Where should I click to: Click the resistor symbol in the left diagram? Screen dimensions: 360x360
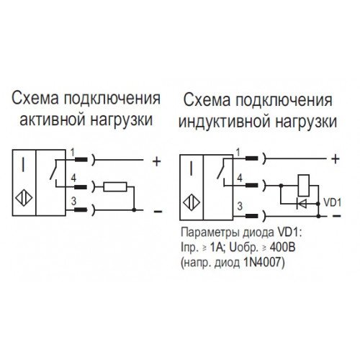click(115, 186)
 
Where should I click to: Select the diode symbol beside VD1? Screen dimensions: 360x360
click(302, 204)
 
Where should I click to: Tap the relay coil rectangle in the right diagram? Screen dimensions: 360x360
click(304, 186)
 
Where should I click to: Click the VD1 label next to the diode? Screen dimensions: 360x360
click(333, 202)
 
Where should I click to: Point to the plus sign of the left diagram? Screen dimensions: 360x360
click(156, 161)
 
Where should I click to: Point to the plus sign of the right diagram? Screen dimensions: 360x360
click(336, 159)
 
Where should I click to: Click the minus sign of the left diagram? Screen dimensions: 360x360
click(158, 212)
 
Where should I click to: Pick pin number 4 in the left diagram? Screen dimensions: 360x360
click(73, 179)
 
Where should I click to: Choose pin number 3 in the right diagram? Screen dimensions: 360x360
click(240, 206)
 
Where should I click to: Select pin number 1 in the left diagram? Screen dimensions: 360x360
click(73, 152)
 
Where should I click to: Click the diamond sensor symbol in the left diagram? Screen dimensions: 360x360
click(24, 199)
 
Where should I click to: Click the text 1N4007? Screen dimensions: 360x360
click(264, 262)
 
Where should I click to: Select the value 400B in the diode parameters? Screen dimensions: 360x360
click(282, 248)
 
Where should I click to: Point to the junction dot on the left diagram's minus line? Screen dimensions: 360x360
click(135, 210)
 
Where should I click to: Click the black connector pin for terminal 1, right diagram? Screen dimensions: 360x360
click(251, 158)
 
